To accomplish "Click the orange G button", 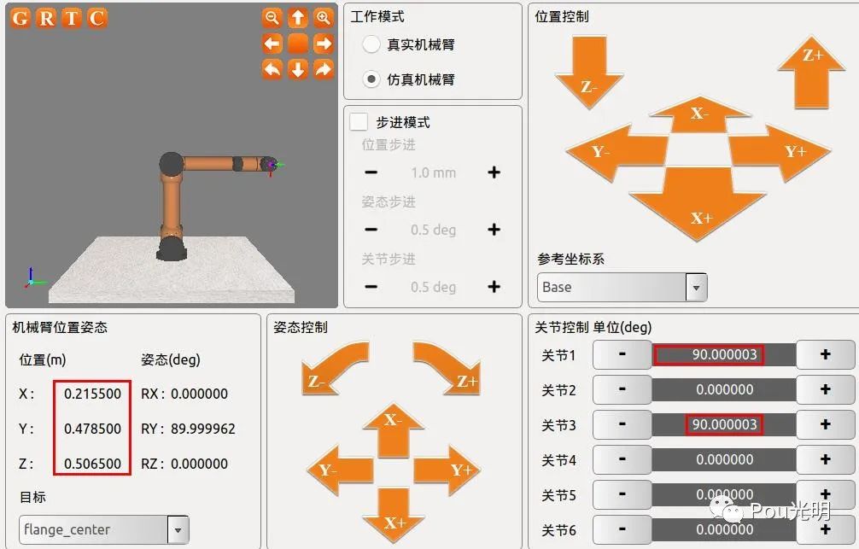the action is pos(20,18).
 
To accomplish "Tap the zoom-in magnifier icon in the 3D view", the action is pos(324,18).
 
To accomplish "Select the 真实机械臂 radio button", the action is pos(371,44).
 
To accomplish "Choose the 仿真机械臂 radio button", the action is pos(371,79).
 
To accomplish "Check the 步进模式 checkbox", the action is pos(359,121).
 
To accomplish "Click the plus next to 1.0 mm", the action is pos(494,172).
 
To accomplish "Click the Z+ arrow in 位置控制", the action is pos(811,73).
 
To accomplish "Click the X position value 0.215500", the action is pos(92,394).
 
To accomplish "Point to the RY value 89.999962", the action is pos(202,429).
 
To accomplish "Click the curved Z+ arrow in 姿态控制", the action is pos(448,367).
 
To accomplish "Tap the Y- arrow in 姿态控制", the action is pos(340,470).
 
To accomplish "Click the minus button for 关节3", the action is pos(622,424).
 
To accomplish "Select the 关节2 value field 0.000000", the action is pos(724,389).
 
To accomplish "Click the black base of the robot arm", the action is pos(172,248).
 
